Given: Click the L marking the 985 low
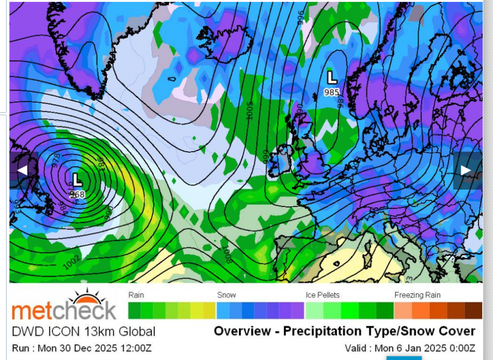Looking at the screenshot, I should pyautogui.click(x=331, y=77).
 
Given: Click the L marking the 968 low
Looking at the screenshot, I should pyautogui.click(x=77, y=179).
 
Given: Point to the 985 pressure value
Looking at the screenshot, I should pyautogui.click(x=331, y=92).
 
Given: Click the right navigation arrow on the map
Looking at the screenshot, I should pyautogui.click(x=466, y=170).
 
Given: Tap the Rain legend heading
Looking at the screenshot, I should pyautogui.click(x=136, y=295).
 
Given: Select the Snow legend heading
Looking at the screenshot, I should pyautogui.click(x=226, y=295).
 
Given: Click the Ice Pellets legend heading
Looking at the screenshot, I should pyautogui.click(x=322, y=295).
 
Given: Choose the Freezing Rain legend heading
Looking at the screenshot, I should pyautogui.click(x=417, y=295).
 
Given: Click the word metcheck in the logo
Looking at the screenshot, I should pyautogui.click(x=64, y=311).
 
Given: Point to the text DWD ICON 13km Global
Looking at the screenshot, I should pyautogui.click(x=83, y=332).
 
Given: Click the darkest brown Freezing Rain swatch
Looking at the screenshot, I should pyautogui.click(x=474, y=310).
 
